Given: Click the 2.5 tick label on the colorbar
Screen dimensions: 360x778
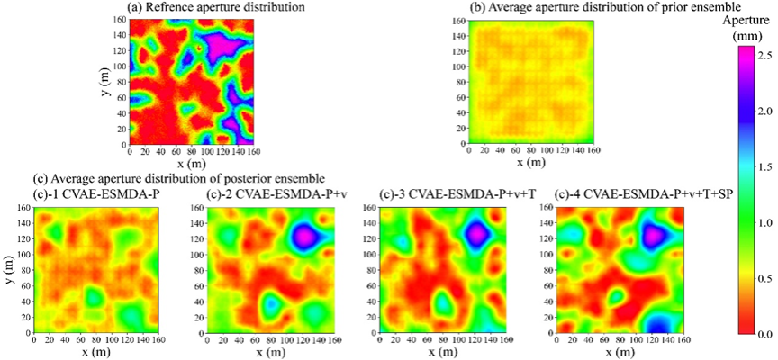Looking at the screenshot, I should pyautogui.click(x=764, y=56).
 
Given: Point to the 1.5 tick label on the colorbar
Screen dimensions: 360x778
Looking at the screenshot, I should pyautogui.click(x=764, y=167).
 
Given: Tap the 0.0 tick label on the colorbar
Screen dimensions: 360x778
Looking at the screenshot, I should pyautogui.click(x=764, y=334).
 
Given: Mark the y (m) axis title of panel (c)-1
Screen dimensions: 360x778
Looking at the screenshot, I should pyautogui.click(x=8, y=270).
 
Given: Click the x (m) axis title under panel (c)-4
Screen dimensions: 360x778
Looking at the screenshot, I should pyautogui.click(x=621, y=353).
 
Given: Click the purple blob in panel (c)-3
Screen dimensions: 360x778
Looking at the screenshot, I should pyautogui.click(x=477, y=233).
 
